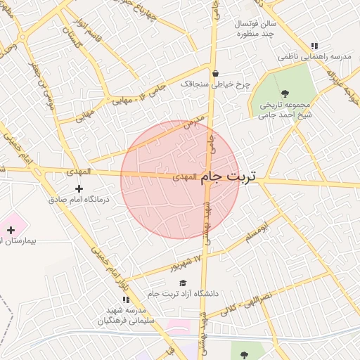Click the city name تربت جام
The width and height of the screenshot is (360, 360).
click(x=229, y=178)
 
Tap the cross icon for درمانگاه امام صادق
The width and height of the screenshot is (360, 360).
click(x=79, y=188)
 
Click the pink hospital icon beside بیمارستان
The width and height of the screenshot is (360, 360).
click(x=11, y=230)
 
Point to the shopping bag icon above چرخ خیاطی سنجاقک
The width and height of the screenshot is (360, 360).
click(x=215, y=73)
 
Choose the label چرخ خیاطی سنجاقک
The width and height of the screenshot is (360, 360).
click(x=215, y=84)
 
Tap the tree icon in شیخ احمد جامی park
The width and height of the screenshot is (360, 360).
click(x=285, y=94)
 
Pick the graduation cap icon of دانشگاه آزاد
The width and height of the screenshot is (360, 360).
click(x=183, y=283)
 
